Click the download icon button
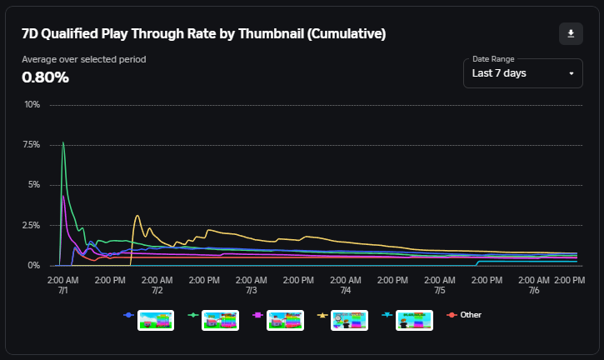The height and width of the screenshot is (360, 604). [571, 33]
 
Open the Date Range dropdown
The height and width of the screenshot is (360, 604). [522, 72]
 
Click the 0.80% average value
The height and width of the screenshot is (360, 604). [45, 77]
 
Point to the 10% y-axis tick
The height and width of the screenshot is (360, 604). [32, 105]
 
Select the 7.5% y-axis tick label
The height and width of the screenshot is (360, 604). [31, 145]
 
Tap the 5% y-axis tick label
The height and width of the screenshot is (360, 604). [32, 185]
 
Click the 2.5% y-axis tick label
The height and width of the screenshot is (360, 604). [31, 225]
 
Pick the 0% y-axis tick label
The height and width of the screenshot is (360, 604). [34, 265]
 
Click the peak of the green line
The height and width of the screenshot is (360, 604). [63, 142]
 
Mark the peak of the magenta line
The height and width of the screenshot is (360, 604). [62, 196]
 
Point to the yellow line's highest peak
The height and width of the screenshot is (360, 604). [137, 216]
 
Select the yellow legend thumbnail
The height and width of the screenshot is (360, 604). [349, 320]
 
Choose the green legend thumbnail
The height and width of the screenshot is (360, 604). [221, 320]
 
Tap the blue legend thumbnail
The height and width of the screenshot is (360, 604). [156, 320]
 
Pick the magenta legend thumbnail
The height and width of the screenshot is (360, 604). [285, 320]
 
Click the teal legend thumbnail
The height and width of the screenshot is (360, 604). [414, 320]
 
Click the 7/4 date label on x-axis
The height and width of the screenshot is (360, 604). [346, 291]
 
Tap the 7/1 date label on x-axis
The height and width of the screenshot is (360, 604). [63, 291]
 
